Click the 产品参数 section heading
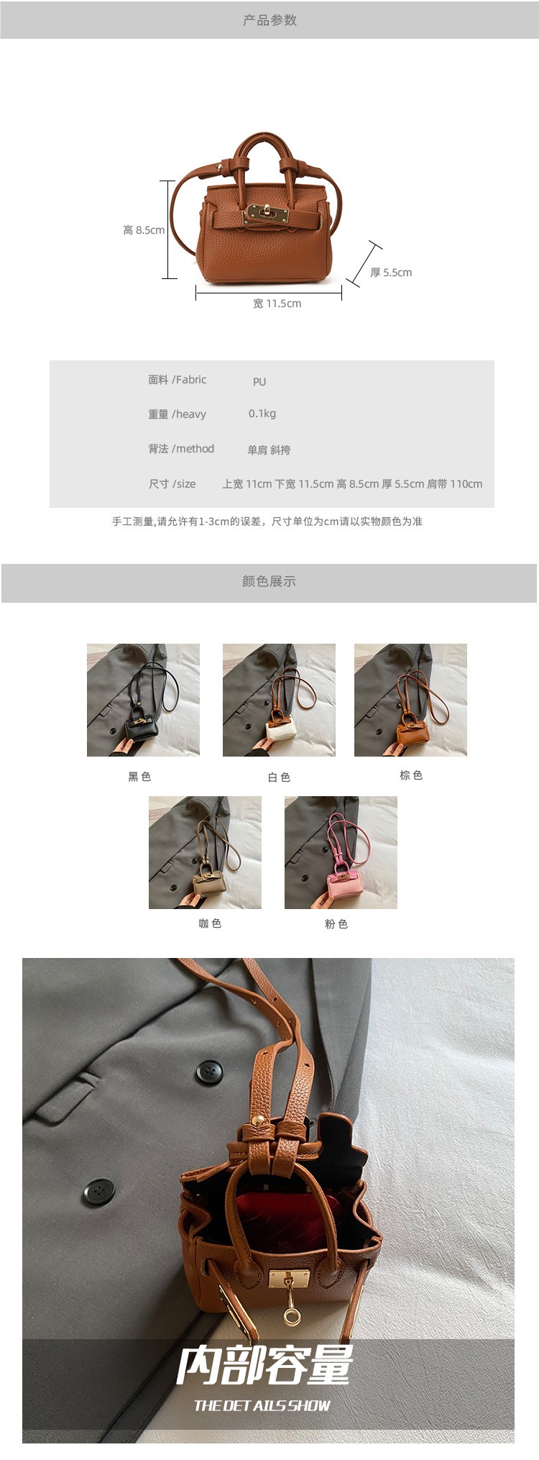(x=269, y=20)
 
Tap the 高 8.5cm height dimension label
(x=144, y=230)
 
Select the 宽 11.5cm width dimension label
(x=277, y=304)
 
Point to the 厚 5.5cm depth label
(x=391, y=273)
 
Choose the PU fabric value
(x=259, y=382)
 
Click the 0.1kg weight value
(x=262, y=414)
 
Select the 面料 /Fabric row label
(x=178, y=380)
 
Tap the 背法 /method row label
(x=181, y=449)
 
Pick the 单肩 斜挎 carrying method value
(x=269, y=450)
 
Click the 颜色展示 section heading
(x=269, y=581)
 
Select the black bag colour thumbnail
(x=143, y=700)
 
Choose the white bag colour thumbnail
(x=279, y=700)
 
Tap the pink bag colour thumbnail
(x=341, y=852)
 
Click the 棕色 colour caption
(x=411, y=775)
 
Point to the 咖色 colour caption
(x=210, y=923)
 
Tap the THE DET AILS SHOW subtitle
(x=262, y=1405)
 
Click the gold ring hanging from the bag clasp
(x=291, y=1317)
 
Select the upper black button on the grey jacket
(x=209, y=1071)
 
